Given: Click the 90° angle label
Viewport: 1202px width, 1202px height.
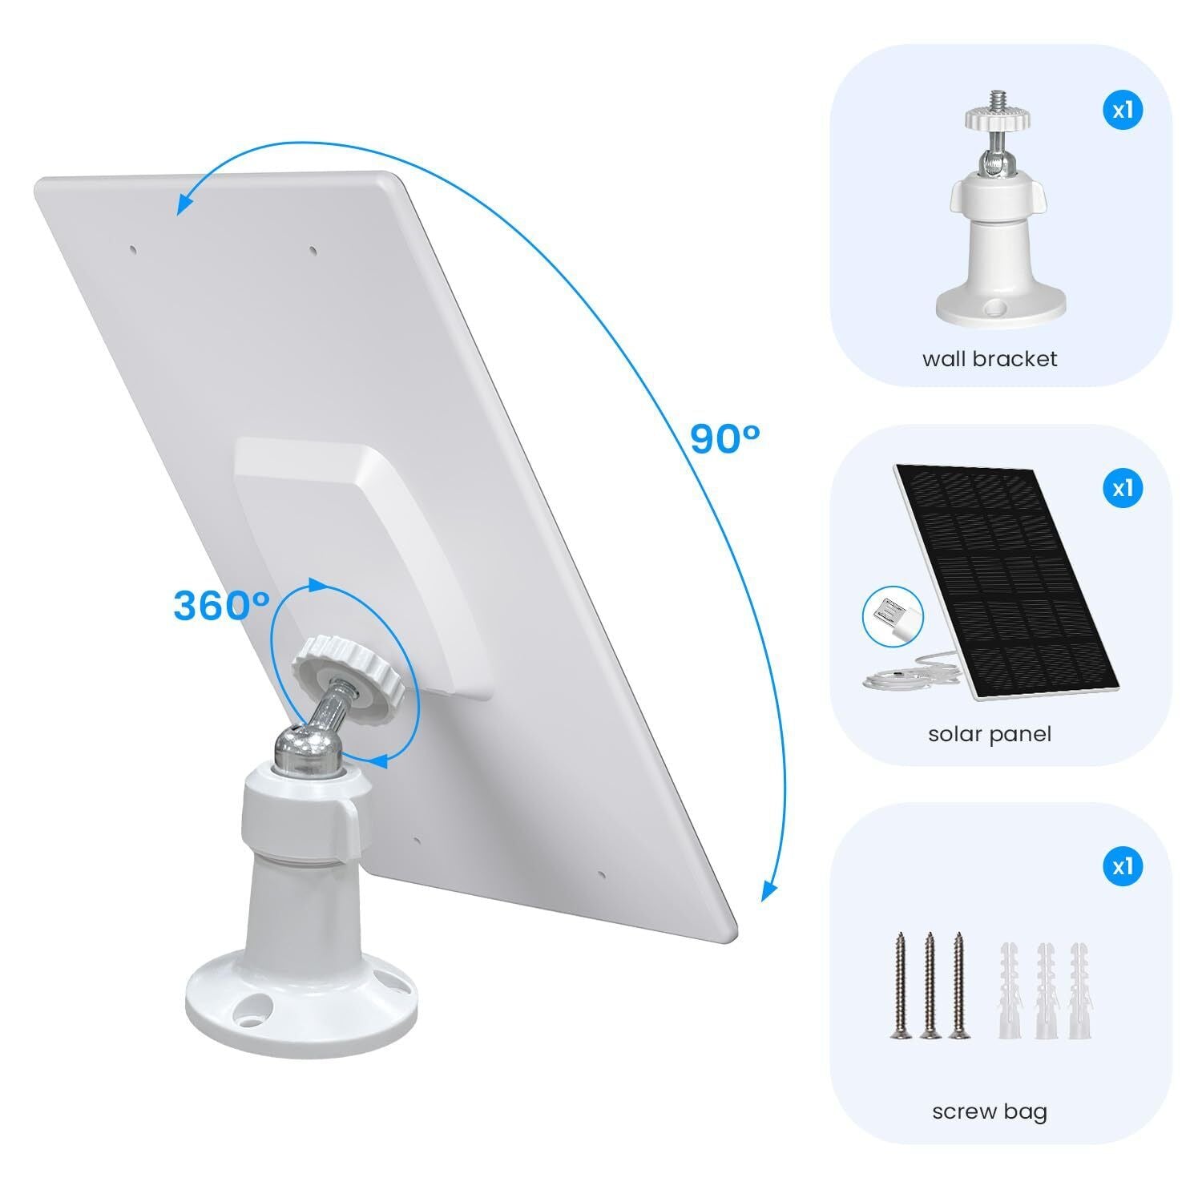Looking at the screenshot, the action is pos(724,438).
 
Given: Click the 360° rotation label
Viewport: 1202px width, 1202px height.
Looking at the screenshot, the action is pos(221,606).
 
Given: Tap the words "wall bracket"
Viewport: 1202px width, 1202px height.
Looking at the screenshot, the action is pos(990,358).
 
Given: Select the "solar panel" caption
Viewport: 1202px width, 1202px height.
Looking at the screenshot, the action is pos(990,733).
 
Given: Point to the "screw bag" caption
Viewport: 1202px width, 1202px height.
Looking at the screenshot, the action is pos(990,1111).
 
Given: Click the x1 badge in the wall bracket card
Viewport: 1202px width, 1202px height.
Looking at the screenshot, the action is pos(1123,110).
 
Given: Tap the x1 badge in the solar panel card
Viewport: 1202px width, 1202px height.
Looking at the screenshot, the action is pos(1123,488).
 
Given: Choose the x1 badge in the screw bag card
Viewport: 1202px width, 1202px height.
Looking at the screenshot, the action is pos(1123,866).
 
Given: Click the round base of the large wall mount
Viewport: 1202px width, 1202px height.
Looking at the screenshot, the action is pos(301,994).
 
